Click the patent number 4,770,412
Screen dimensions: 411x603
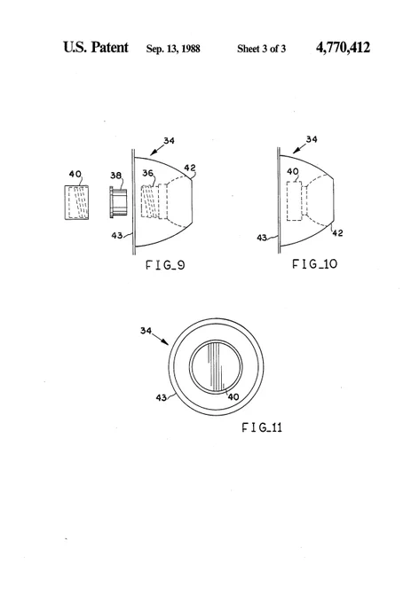coord(343,48)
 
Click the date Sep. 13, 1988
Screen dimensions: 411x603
coord(173,49)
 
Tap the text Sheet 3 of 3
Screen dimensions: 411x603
coord(261,49)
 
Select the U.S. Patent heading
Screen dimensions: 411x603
coord(96,47)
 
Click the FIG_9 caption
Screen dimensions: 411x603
coord(165,265)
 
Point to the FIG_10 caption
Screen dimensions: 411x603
coord(314,264)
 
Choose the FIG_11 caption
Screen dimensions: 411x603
coord(262,427)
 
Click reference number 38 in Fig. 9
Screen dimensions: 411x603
coord(115,176)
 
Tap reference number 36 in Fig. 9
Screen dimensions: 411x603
coord(147,173)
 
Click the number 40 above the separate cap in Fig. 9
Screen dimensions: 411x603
coord(75,174)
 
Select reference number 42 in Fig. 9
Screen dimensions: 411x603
coord(189,168)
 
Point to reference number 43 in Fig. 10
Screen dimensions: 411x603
coord(262,238)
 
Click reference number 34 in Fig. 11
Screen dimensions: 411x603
coord(146,331)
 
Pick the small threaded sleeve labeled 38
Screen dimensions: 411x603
coord(118,202)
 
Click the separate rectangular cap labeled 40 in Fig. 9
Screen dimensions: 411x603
coord(76,203)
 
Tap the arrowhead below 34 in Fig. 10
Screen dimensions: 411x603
coord(296,151)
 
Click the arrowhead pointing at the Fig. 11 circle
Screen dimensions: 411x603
coord(165,341)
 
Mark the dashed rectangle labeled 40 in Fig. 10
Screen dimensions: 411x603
coord(295,201)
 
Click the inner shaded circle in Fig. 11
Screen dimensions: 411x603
coord(216,367)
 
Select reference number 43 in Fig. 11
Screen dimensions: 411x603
coord(162,397)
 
